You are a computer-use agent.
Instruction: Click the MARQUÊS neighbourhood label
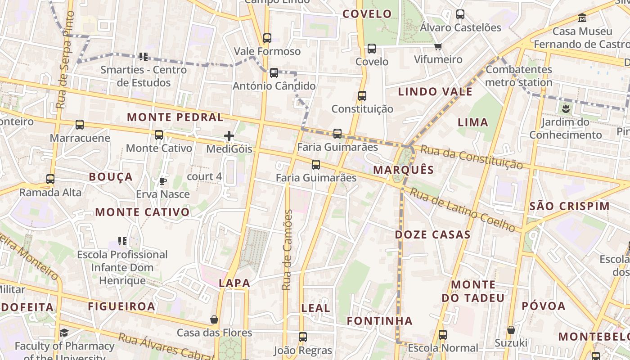[x=404, y=170]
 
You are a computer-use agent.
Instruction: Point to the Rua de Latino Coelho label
[x=463, y=209]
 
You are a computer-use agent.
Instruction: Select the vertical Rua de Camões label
[x=287, y=250]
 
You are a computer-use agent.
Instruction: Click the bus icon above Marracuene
[x=80, y=125]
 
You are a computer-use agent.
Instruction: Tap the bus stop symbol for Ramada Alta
[x=50, y=179]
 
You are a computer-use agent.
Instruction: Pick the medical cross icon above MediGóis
[x=229, y=135]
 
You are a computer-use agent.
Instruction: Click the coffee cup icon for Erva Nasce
[x=162, y=181]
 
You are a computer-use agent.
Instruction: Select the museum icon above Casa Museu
[x=583, y=18]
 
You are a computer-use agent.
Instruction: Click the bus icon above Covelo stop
[x=372, y=49]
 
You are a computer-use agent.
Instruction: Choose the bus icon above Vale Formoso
[x=267, y=38]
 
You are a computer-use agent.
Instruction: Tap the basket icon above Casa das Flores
[x=214, y=319]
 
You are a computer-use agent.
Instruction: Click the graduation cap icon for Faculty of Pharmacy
[x=64, y=333]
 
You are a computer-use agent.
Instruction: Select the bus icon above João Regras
[x=303, y=337]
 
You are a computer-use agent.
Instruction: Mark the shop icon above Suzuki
[x=511, y=330]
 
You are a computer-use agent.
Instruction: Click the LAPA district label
[x=234, y=283]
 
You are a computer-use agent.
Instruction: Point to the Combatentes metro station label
[x=519, y=76]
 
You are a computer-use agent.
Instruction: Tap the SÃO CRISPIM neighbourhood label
[x=569, y=206]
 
